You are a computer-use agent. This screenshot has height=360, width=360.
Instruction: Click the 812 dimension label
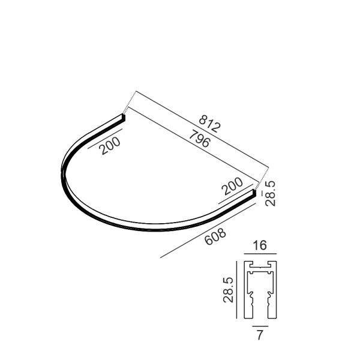click(x=209, y=124)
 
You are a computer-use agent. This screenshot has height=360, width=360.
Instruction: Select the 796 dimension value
click(x=199, y=139)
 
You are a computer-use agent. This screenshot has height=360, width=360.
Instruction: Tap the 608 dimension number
click(x=215, y=236)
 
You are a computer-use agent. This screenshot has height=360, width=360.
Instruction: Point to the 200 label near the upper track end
click(x=110, y=146)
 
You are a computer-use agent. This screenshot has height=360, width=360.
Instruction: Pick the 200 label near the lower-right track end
click(x=232, y=186)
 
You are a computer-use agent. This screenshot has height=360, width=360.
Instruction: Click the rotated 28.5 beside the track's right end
click(x=270, y=193)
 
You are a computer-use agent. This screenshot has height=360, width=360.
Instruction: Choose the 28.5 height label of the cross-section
click(x=228, y=290)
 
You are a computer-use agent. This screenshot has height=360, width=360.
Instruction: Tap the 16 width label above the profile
click(x=260, y=245)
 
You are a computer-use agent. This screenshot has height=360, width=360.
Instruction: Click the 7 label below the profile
click(x=260, y=335)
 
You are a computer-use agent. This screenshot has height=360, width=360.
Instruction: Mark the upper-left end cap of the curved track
click(x=124, y=118)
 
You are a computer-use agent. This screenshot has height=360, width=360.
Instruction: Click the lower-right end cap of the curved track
click(x=254, y=193)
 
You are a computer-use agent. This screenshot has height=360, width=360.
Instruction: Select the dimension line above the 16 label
click(x=260, y=254)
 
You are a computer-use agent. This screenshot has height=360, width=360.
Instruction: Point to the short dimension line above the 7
click(x=260, y=326)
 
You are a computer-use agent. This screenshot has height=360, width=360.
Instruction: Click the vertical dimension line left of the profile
click(x=236, y=290)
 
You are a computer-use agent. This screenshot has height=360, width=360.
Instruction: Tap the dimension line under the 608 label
click(x=208, y=230)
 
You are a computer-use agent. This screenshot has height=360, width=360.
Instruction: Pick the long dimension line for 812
click(x=202, y=129)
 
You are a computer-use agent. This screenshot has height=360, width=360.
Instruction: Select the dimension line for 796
click(x=194, y=145)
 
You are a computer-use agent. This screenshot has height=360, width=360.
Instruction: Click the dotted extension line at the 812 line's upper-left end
click(x=130, y=103)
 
